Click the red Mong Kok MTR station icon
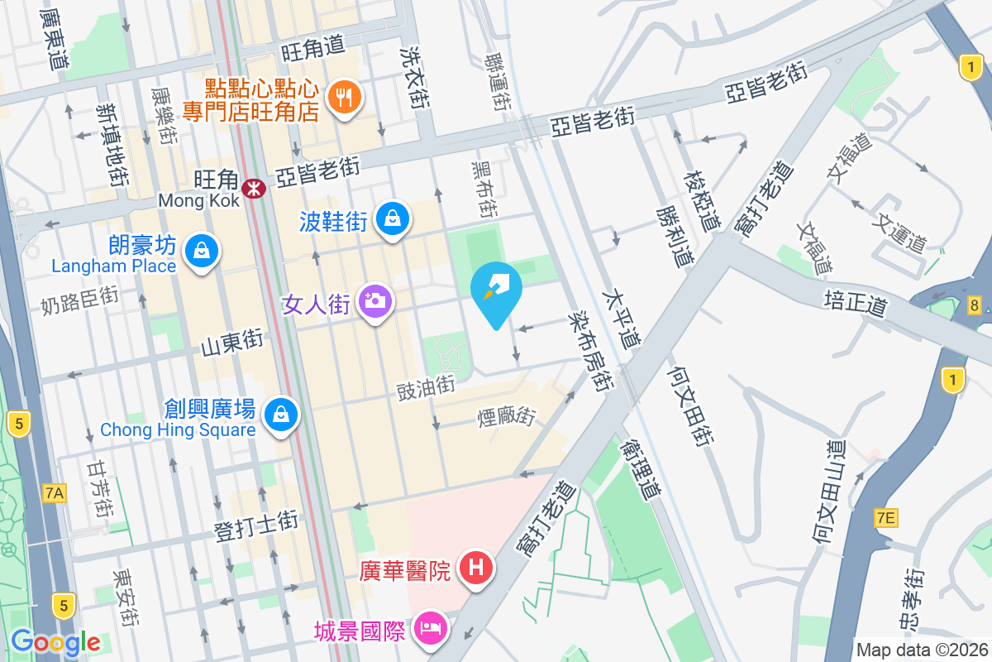(x=253, y=189)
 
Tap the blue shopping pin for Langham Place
(x=202, y=249)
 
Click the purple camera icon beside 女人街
(x=375, y=300)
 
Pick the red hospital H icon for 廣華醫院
(x=476, y=568)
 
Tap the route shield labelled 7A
(x=54, y=494)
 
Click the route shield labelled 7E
(x=885, y=518)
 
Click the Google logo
(x=55, y=641)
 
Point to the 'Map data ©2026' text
(x=921, y=650)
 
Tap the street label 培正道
(x=855, y=302)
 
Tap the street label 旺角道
(x=312, y=47)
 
